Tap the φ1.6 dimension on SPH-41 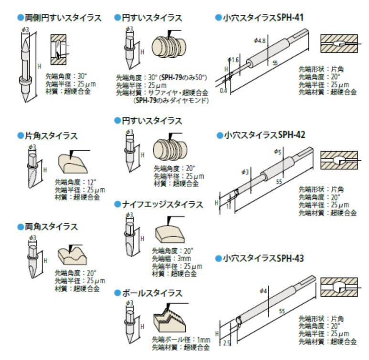coord(233,60)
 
